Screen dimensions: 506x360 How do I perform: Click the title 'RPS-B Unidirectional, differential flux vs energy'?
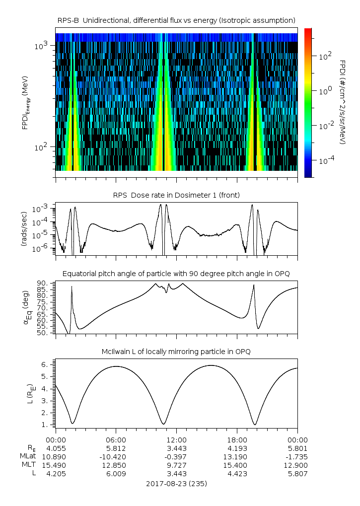(x=176, y=20)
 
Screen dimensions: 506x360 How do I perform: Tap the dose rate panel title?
(x=176, y=195)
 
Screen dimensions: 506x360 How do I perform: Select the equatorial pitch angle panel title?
(x=176, y=274)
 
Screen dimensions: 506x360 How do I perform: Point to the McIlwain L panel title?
(x=176, y=352)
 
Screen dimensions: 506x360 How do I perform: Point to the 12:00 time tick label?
(x=176, y=439)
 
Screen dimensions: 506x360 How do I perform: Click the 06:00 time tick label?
(x=116, y=439)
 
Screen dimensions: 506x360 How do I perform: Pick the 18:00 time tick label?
(x=237, y=439)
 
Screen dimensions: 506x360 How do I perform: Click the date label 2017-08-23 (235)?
(x=176, y=483)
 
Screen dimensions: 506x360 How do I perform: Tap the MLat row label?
(x=27, y=456)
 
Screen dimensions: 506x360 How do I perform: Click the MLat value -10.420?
(x=116, y=456)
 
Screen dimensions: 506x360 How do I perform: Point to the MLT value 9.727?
(x=176, y=465)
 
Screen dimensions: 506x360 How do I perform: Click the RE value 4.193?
(x=237, y=448)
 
